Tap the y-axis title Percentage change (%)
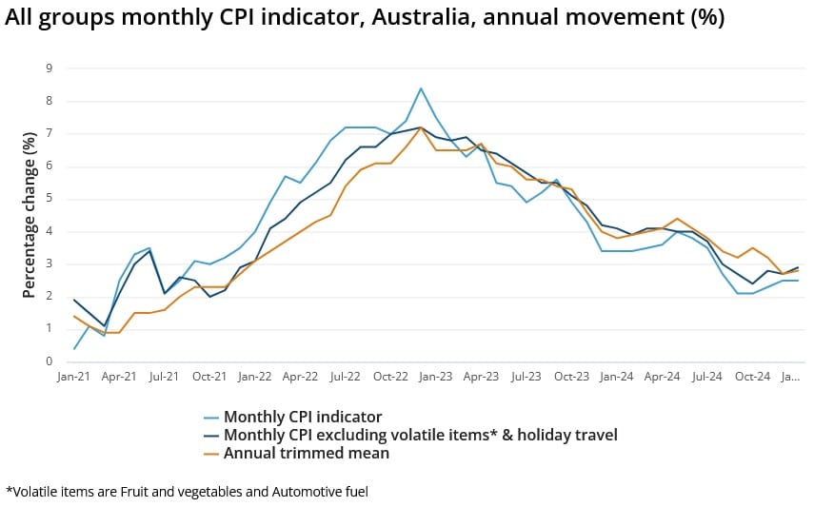pos(29,214)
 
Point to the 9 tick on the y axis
pos(49,68)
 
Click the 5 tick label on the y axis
pos(49,199)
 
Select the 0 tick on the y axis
pos(49,361)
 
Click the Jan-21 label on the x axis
pos(73,377)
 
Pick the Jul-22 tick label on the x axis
pos(346,377)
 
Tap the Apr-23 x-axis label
pos(482,377)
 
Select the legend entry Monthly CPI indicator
pos(303,417)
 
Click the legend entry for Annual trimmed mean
pos(306,453)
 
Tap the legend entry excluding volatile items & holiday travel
pos(420,435)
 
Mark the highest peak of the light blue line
pos(421,88)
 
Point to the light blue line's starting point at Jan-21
pos(74,348)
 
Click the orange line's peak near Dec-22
pos(421,127)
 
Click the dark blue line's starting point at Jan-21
pos(74,300)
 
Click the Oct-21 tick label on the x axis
pos(209,377)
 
